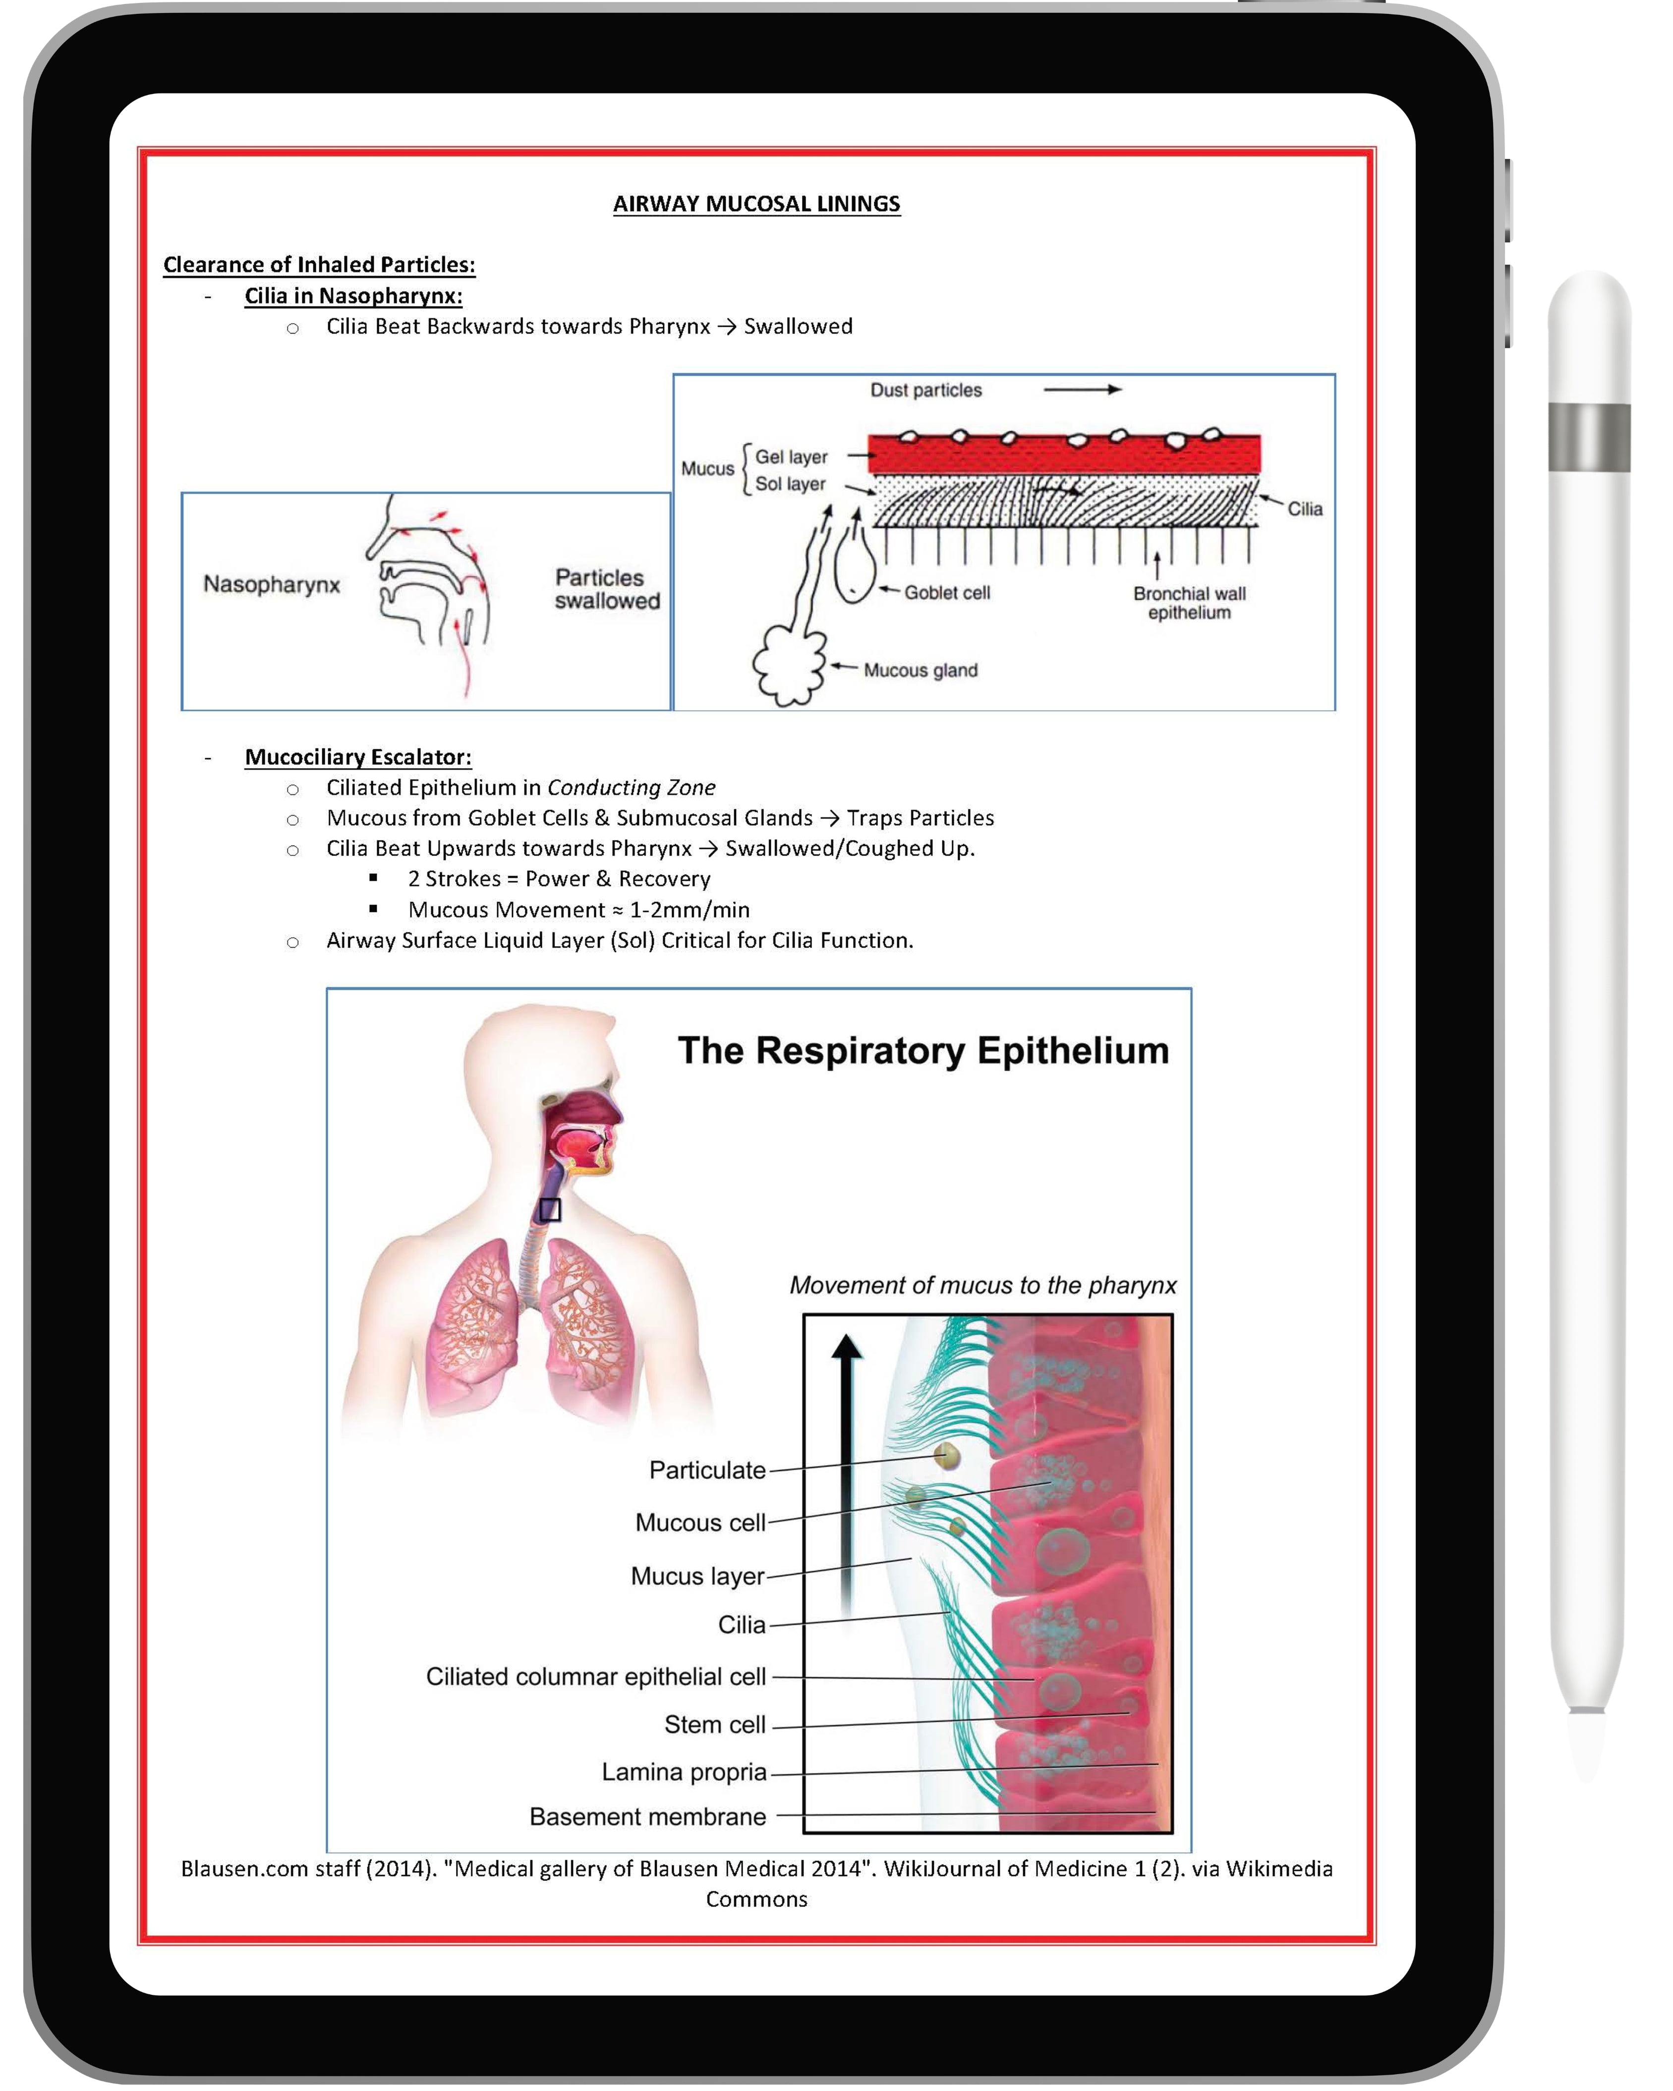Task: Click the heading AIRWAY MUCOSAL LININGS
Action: coord(756,204)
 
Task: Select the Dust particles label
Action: coord(925,390)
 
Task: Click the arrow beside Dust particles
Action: coord(1082,390)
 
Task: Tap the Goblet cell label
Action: coord(947,593)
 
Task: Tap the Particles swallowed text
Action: coord(607,589)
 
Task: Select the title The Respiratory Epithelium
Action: coord(923,1050)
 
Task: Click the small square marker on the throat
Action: coord(550,1209)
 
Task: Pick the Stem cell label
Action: coord(715,1724)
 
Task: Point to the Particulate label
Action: coord(707,1470)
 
